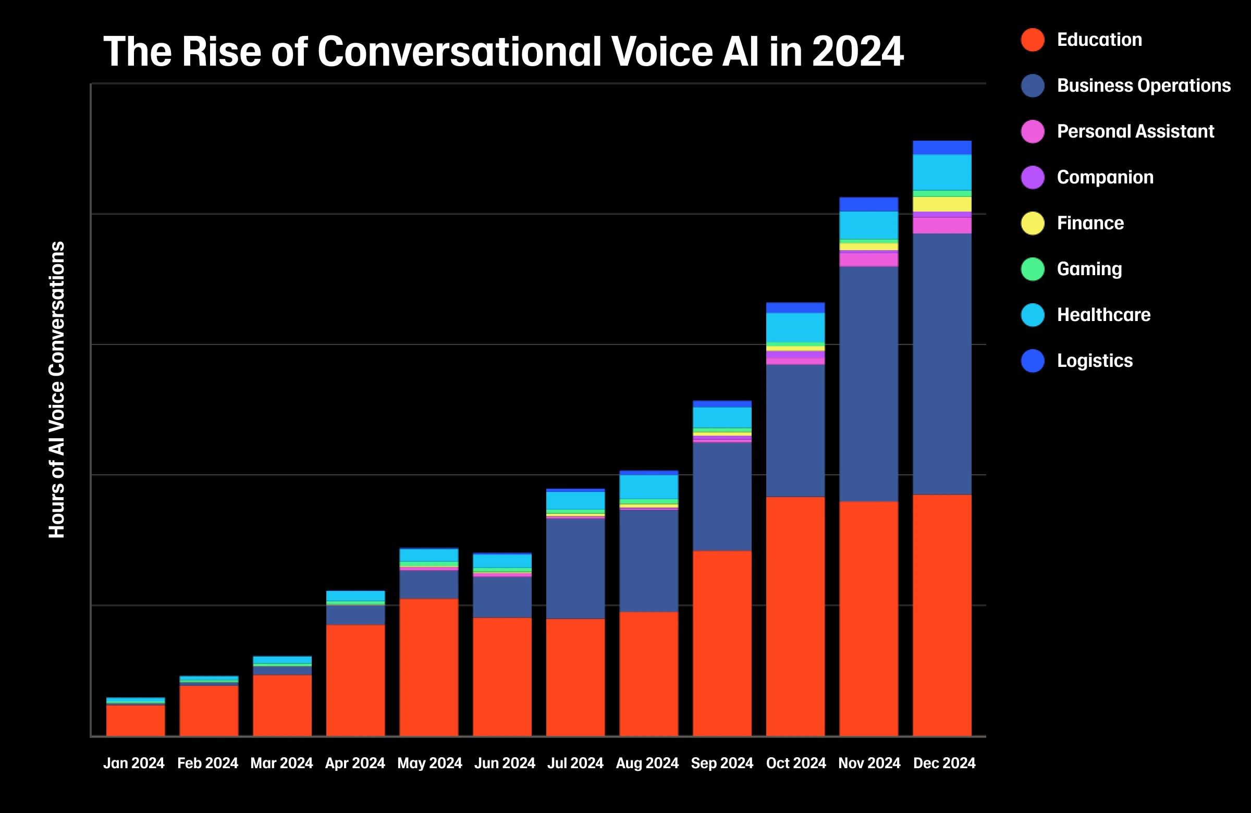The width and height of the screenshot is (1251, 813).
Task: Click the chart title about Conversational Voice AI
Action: (x=503, y=52)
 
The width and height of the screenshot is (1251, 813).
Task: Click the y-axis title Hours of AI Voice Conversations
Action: (x=57, y=389)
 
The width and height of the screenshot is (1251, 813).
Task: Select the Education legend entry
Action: (x=1099, y=40)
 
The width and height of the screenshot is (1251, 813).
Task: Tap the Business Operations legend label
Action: (x=1143, y=85)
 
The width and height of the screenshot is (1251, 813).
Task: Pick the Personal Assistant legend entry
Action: (x=1135, y=131)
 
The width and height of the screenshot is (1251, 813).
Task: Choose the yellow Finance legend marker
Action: (x=1033, y=224)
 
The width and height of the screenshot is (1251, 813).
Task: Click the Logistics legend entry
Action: (x=1094, y=361)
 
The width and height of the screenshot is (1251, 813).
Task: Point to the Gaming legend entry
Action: (x=1088, y=269)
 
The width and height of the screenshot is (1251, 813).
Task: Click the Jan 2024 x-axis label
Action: (x=133, y=763)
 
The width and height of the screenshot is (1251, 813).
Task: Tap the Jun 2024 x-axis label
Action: (x=504, y=763)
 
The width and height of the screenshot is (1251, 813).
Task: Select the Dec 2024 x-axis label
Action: (x=944, y=763)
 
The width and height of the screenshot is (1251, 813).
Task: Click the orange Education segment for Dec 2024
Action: (x=942, y=615)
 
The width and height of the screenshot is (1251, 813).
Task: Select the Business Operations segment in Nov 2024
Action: (x=868, y=384)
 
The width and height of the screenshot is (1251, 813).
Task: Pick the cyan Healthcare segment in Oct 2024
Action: (x=795, y=327)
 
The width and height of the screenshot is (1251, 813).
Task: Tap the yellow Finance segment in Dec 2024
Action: (x=942, y=204)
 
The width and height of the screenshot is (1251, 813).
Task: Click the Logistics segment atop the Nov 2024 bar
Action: (x=868, y=204)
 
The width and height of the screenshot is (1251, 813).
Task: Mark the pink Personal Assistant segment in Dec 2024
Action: (x=942, y=226)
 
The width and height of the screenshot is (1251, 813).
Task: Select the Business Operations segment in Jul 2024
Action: (x=575, y=568)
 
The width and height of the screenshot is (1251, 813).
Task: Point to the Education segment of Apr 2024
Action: (x=355, y=680)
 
